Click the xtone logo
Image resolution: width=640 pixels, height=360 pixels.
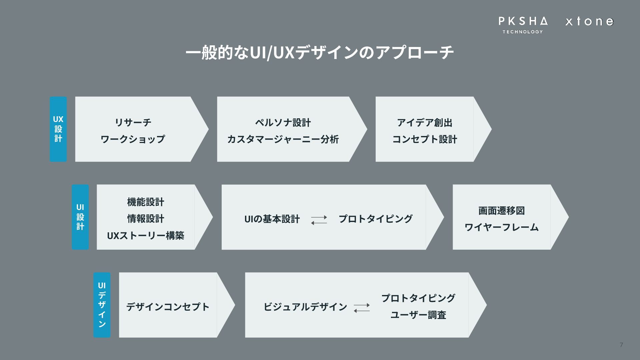589,22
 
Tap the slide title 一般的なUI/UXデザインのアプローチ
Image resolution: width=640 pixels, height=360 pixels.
320,53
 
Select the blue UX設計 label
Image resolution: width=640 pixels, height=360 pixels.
58,129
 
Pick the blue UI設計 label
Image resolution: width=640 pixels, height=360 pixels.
80,217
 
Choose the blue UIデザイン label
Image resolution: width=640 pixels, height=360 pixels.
102,305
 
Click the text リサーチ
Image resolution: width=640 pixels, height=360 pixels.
133,122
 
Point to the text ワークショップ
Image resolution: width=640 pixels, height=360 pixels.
133,139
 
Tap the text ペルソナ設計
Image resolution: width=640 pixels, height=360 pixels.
283,123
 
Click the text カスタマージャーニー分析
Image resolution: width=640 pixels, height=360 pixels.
283,139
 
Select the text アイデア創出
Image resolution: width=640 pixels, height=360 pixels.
425,123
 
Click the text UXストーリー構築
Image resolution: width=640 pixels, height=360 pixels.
146,236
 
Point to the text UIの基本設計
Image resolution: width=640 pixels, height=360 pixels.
272,219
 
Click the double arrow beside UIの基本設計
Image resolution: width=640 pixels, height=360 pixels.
319,220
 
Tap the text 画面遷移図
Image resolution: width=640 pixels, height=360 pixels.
502,211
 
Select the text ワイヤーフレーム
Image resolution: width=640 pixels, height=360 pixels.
502,227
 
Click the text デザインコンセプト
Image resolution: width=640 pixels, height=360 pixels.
168,307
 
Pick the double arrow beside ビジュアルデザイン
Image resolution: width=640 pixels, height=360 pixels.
362,307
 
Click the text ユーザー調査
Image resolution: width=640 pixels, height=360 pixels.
418,315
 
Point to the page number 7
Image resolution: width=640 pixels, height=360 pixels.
621,345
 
